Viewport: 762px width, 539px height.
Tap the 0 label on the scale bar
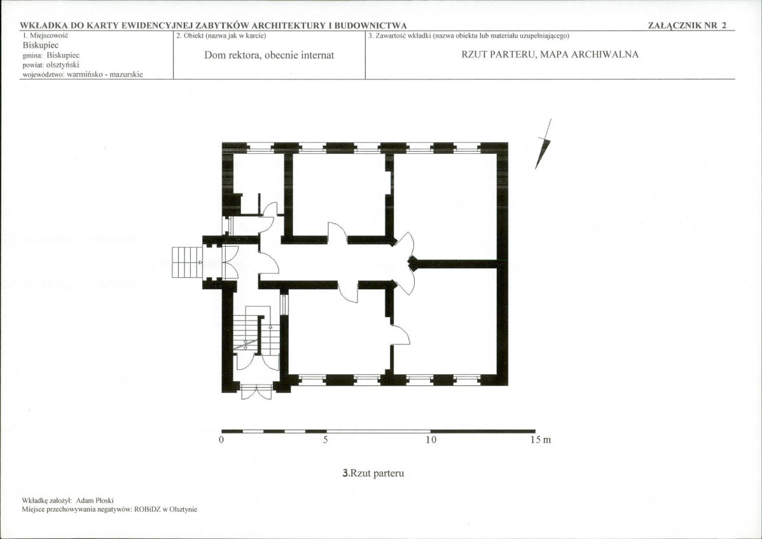click(221, 440)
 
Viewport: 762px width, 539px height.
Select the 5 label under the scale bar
click(326, 440)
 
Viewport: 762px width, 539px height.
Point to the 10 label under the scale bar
click(431, 440)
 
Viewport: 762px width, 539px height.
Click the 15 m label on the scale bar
click(541, 440)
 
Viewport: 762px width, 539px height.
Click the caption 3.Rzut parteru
click(373, 473)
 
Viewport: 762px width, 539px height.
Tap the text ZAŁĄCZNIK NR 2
click(687, 25)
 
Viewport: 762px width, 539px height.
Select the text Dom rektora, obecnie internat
click(269, 55)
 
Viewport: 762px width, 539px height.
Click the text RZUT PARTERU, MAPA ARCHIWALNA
click(550, 55)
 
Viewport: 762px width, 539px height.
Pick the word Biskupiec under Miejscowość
click(41, 45)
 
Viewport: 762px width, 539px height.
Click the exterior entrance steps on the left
click(187, 263)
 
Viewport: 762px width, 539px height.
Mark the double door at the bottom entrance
click(256, 392)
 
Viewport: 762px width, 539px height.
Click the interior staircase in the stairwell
click(256, 330)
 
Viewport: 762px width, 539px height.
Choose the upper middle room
click(339, 194)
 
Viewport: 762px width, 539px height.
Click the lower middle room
click(339, 332)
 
